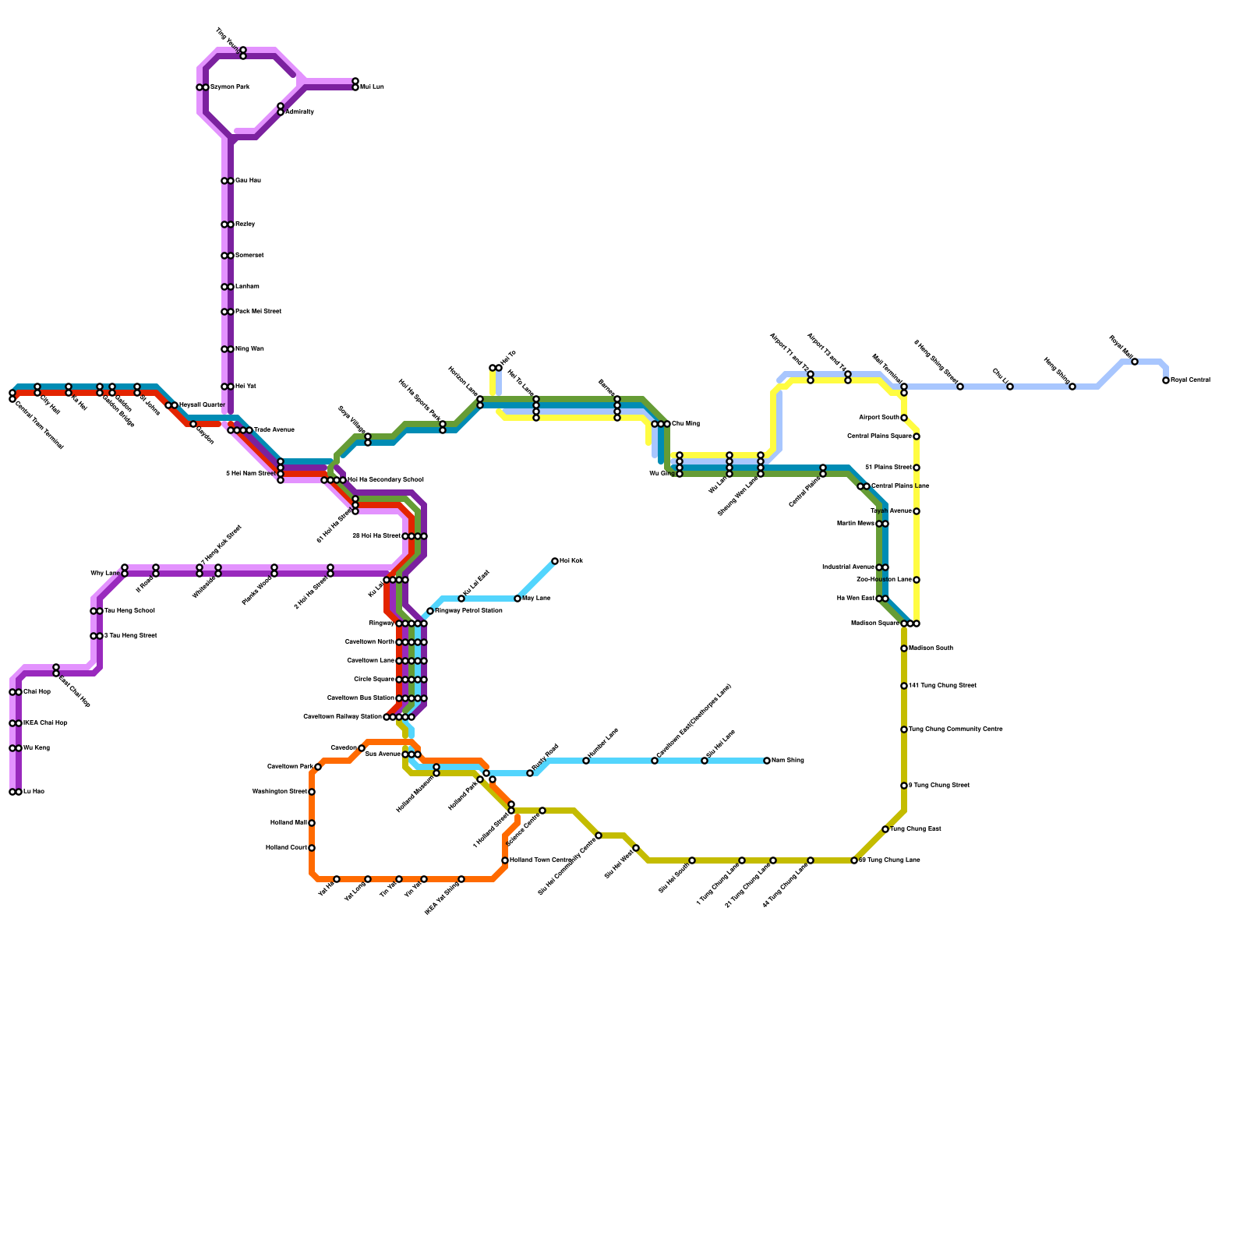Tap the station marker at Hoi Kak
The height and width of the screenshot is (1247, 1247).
[x=555, y=561]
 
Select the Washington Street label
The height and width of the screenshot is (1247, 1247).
[x=280, y=792]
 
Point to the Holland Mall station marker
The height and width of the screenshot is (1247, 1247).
[x=312, y=823]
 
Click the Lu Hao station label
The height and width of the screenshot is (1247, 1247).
[x=34, y=792]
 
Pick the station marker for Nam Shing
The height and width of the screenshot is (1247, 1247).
[x=767, y=761]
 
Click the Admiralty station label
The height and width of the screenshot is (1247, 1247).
[x=299, y=112]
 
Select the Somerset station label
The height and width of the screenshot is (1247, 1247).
[x=249, y=256]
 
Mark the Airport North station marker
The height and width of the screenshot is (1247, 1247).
[x=904, y=418]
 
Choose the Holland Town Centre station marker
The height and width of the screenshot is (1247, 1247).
[x=505, y=860]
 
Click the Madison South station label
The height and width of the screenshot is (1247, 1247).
[x=931, y=648]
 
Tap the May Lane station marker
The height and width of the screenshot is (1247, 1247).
[x=518, y=599]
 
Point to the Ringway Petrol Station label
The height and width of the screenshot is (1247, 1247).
[x=468, y=611]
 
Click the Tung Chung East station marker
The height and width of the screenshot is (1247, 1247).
[x=885, y=829]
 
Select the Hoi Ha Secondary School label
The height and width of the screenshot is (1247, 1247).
[x=385, y=480]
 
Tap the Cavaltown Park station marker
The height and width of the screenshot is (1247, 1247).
[x=318, y=767]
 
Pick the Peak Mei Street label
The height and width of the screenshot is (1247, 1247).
[x=258, y=312]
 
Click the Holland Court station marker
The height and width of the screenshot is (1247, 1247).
[x=312, y=848]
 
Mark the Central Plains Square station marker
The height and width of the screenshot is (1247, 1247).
[x=917, y=436]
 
